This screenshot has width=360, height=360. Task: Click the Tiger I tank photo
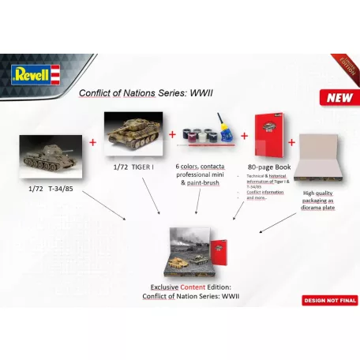pos(133,132)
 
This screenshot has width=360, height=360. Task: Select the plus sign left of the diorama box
pos(291,141)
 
